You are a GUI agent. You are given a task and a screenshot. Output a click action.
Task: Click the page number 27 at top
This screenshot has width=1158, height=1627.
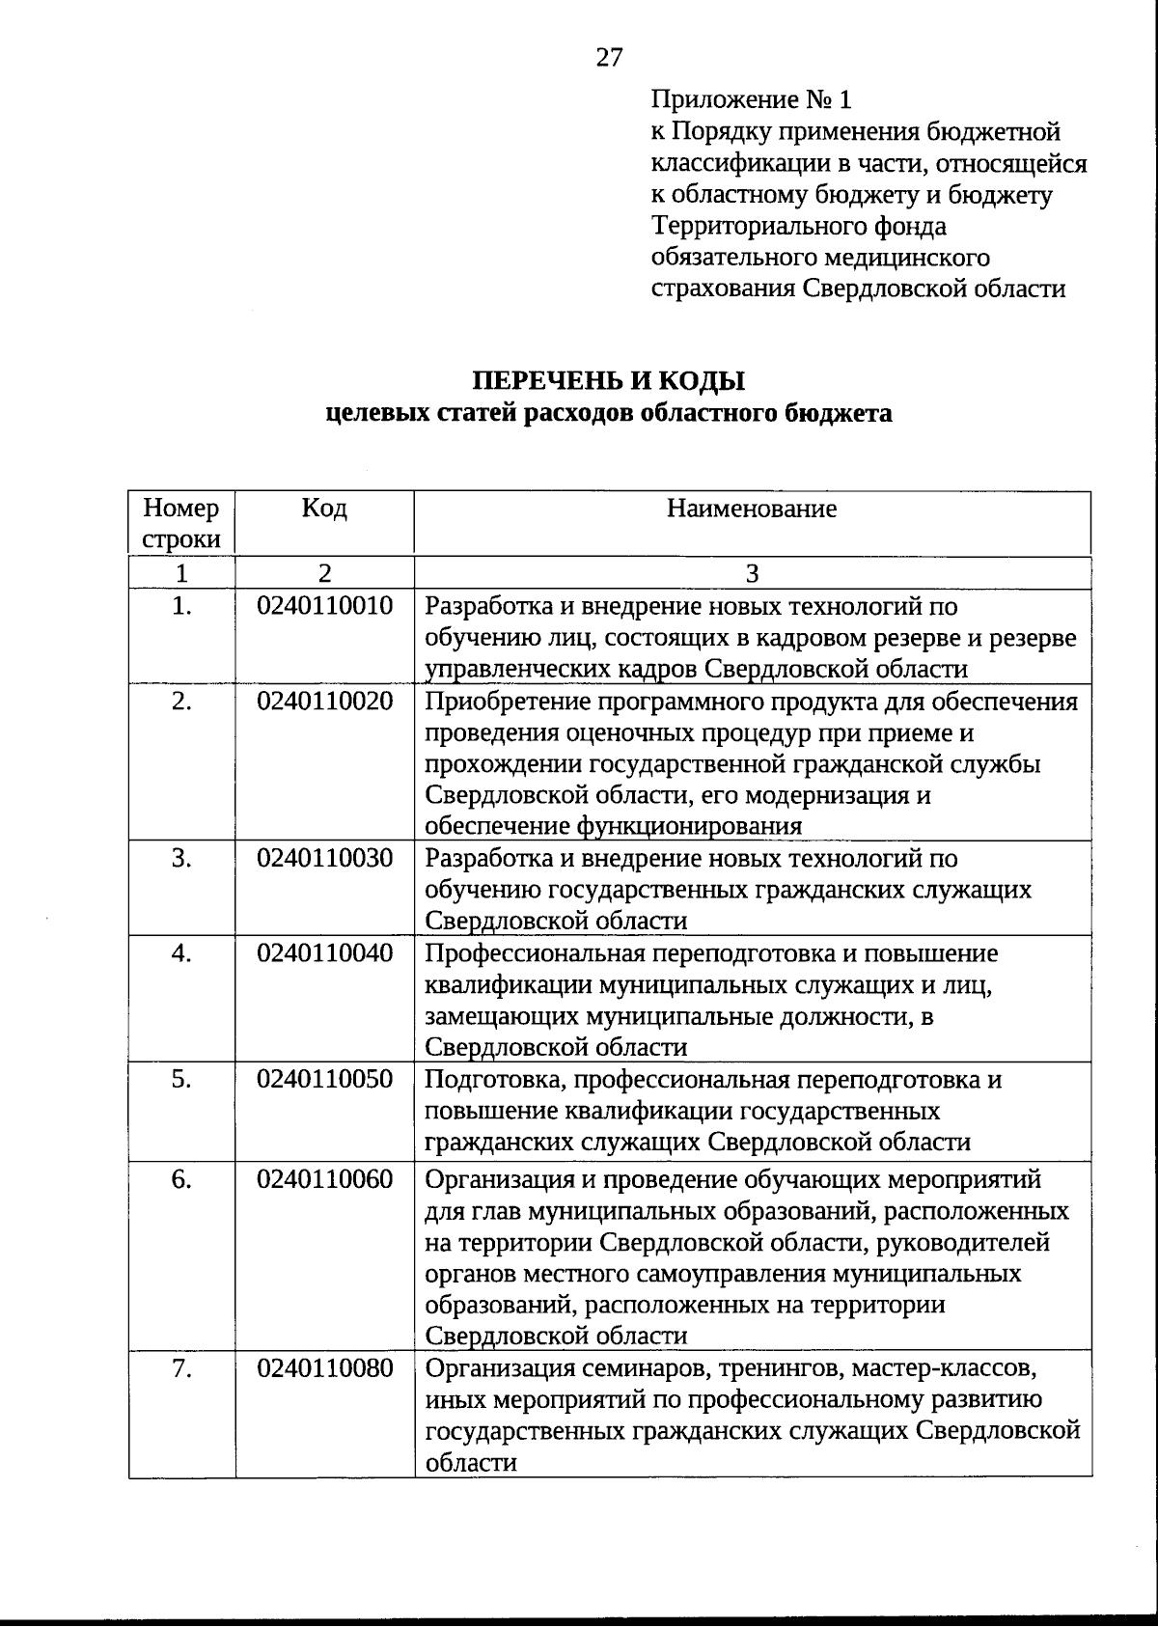pyautogui.click(x=610, y=58)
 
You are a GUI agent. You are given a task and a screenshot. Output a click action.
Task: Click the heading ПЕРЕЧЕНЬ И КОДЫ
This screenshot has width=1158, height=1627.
pyautogui.click(x=608, y=381)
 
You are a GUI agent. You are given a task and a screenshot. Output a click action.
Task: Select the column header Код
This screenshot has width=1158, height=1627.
pyautogui.click(x=324, y=509)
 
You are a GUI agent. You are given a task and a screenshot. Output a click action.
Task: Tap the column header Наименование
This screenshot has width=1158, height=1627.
pyautogui.click(x=752, y=509)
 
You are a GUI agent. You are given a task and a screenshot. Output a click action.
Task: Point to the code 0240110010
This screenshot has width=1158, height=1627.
pyautogui.click(x=324, y=607)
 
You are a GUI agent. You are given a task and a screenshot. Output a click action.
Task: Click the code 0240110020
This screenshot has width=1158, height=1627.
pyautogui.click(x=324, y=702)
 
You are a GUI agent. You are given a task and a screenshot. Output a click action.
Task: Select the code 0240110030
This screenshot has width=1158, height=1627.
pyautogui.click(x=324, y=858)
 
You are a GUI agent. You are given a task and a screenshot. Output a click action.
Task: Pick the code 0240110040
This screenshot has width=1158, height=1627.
pyautogui.click(x=324, y=953)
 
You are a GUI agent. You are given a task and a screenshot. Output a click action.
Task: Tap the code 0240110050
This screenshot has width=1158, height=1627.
pyautogui.click(x=324, y=1079)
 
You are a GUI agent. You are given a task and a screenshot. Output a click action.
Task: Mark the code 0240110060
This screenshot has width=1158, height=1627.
pyautogui.click(x=324, y=1179)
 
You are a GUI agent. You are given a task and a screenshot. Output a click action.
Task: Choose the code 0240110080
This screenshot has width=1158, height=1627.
pyautogui.click(x=324, y=1368)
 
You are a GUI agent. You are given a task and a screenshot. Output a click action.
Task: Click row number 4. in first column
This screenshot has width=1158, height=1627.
pyautogui.click(x=181, y=953)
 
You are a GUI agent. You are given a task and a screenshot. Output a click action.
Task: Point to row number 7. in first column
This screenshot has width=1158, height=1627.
pyautogui.click(x=181, y=1368)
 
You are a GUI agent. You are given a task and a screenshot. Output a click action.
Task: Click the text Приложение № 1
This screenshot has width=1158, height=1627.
pyautogui.click(x=752, y=99)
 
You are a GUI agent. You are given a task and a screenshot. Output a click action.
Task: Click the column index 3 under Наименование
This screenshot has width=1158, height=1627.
pyautogui.click(x=752, y=573)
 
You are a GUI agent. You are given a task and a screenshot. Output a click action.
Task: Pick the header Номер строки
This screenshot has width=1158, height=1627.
pyautogui.click(x=181, y=523)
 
